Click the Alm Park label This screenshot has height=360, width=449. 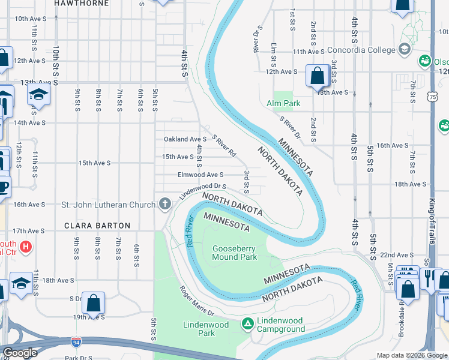[283, 103]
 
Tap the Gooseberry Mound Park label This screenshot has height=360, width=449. [234, 253]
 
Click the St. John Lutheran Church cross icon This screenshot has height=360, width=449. [165, 204]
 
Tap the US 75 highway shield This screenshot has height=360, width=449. [433, 96]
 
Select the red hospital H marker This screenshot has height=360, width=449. [25, 247]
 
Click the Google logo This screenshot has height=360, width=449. [20, 353]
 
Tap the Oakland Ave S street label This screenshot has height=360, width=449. [185, 139]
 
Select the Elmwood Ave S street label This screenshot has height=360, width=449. [200, 175]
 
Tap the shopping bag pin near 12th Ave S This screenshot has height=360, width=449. [317, 76]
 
